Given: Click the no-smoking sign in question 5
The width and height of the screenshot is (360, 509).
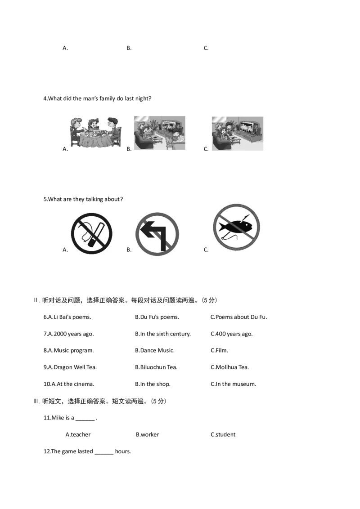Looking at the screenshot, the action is pyautogui.click(x=92, y=233).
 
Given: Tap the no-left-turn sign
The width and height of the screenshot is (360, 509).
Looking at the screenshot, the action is pyautogui.click(x=157, y=234).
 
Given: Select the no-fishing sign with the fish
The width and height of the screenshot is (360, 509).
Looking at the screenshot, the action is pyautogui.click(x=237, y=227).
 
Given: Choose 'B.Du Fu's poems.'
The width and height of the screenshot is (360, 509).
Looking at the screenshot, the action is pyautogui.click(x=157, y=317).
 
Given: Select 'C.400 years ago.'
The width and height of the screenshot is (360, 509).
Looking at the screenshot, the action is pyautogui.click(x=231, y=334).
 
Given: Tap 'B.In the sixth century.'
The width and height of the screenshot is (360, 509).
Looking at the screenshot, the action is pyautogui.click(x=163, y=334).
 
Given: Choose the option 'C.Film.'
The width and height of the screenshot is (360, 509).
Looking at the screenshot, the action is pyautogui.click(x=219, y=351).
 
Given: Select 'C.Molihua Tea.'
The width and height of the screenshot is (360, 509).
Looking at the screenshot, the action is pyautogui.click(x=229, y=367).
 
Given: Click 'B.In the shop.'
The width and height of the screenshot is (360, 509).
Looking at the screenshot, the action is pyautogui.click(x=153, y=384).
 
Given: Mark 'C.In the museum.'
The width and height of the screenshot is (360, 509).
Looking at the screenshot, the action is pyautogui.click(x=233, y=384).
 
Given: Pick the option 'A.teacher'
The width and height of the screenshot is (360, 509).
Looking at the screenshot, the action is pyautogui.click(x=78, y=435).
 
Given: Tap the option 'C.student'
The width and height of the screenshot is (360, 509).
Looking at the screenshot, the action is pyautogui.click(x=223, y=435).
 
